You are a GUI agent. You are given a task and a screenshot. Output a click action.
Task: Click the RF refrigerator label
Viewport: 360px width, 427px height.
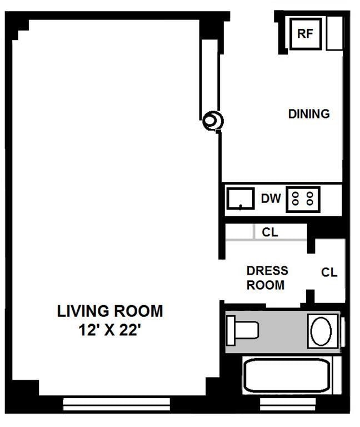click(x=305, y=33)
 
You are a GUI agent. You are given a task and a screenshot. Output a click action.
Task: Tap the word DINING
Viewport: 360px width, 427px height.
click(x=309, y=114)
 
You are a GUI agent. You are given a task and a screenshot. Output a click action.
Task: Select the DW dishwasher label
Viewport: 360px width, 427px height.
click(x=271, y=198)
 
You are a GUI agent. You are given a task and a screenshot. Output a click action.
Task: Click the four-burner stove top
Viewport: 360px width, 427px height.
click(x=303, y=200)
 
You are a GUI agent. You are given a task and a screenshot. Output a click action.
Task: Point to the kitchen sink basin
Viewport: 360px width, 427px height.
click(x=241, y=198)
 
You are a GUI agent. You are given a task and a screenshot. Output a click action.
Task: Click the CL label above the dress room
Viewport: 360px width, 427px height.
click(x=270, y=232)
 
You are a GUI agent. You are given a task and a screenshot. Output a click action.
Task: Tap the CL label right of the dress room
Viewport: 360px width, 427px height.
click(x=329, y=272)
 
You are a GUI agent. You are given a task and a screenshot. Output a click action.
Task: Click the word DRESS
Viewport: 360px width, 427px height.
click(x=267, y=271)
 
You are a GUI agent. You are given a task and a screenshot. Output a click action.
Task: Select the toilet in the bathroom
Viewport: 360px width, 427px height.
click(x=242, y=331)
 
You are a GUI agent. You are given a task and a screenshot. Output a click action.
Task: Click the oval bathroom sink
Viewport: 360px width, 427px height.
click(x=321, y=331)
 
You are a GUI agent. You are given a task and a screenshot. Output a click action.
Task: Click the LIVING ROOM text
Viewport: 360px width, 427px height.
click(x=110, y=311)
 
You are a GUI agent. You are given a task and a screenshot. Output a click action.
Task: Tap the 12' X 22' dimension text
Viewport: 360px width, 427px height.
click(x=109, y=330)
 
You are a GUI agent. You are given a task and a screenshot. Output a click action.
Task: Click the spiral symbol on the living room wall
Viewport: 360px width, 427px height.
click(x=213, y=121)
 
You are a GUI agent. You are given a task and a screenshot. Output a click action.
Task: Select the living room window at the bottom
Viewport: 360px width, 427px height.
click(x=117, y=404)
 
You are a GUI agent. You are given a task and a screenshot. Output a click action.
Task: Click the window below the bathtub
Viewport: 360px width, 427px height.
click(x=288, y=404)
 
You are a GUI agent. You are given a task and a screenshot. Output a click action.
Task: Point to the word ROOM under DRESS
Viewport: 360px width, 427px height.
click(x=266, y=285)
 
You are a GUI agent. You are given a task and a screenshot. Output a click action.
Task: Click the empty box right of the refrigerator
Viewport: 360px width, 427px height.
click(x=334, y=33)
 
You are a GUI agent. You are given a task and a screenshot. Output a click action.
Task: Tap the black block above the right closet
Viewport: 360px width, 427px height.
click(x=326, y=231)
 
